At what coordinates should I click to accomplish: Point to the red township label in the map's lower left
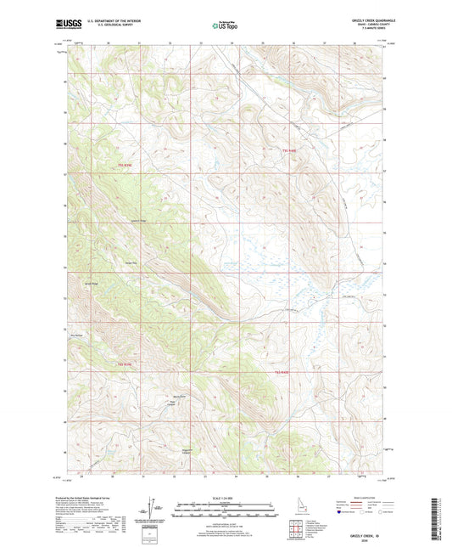123,364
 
